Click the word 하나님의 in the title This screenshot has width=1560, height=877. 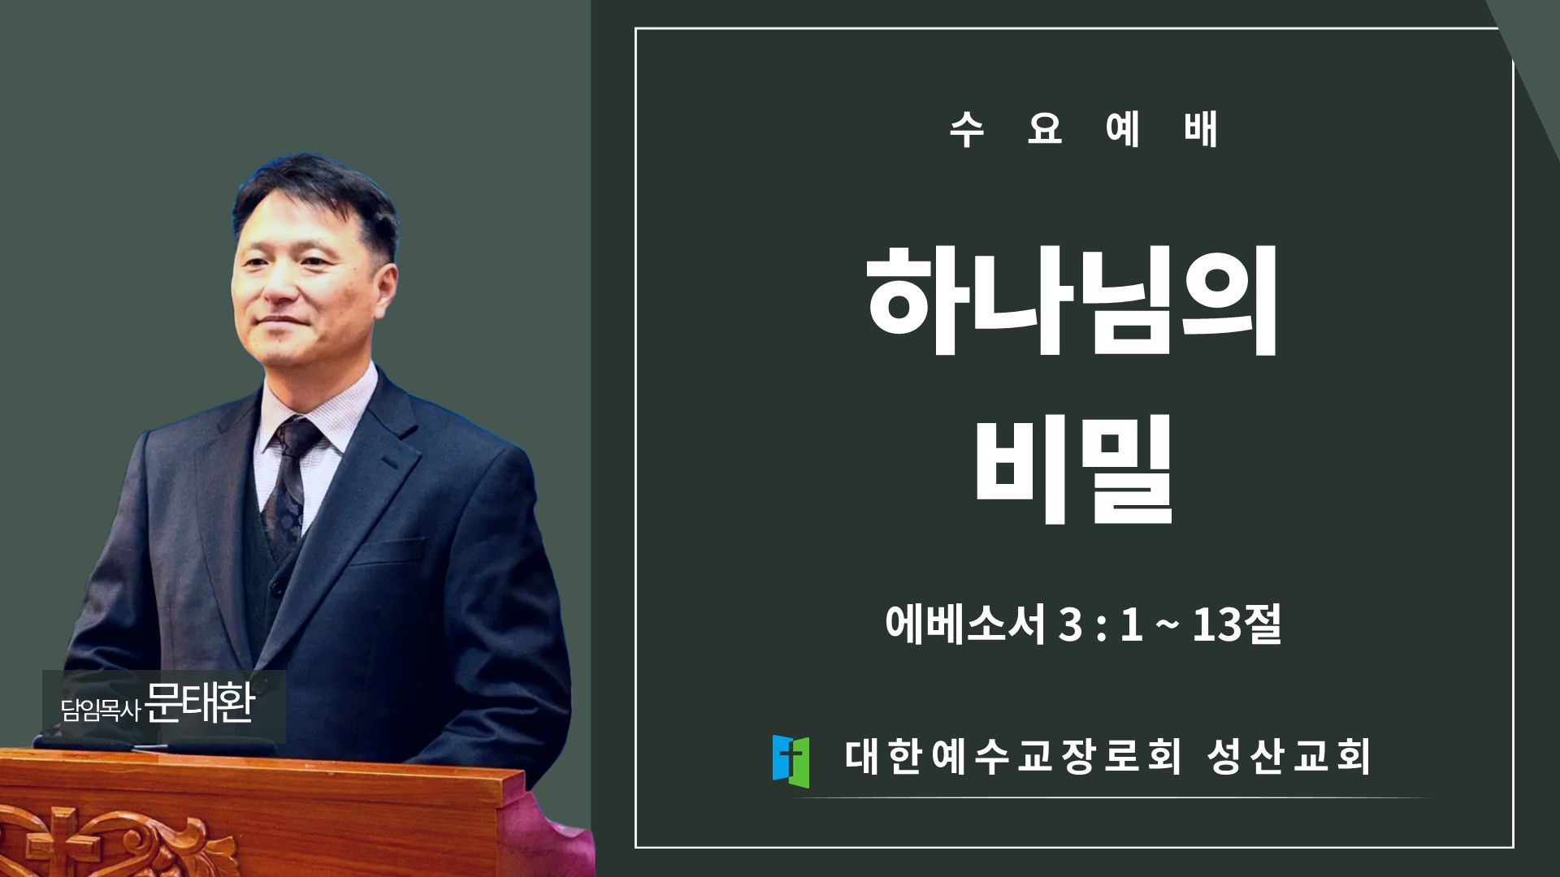(x=1072, y=300)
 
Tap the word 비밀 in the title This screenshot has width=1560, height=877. (x=1074, y=469)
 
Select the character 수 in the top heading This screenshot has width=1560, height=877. (x=967, y=129)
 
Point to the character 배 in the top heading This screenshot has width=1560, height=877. (x=1200, y=129)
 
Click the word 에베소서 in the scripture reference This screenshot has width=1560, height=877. (x=965, y=624)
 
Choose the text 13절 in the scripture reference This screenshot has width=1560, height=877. (x=1237, y=624)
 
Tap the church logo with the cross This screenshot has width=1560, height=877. (x=791, y=761)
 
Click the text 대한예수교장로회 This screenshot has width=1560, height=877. (x=1012, y=756)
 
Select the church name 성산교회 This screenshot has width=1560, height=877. (x=1289, y=756)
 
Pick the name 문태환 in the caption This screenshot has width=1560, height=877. (x=200, y=703)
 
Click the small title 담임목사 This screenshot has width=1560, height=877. (x=101, y=711)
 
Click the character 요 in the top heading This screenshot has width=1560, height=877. (x=1045, y=129)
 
